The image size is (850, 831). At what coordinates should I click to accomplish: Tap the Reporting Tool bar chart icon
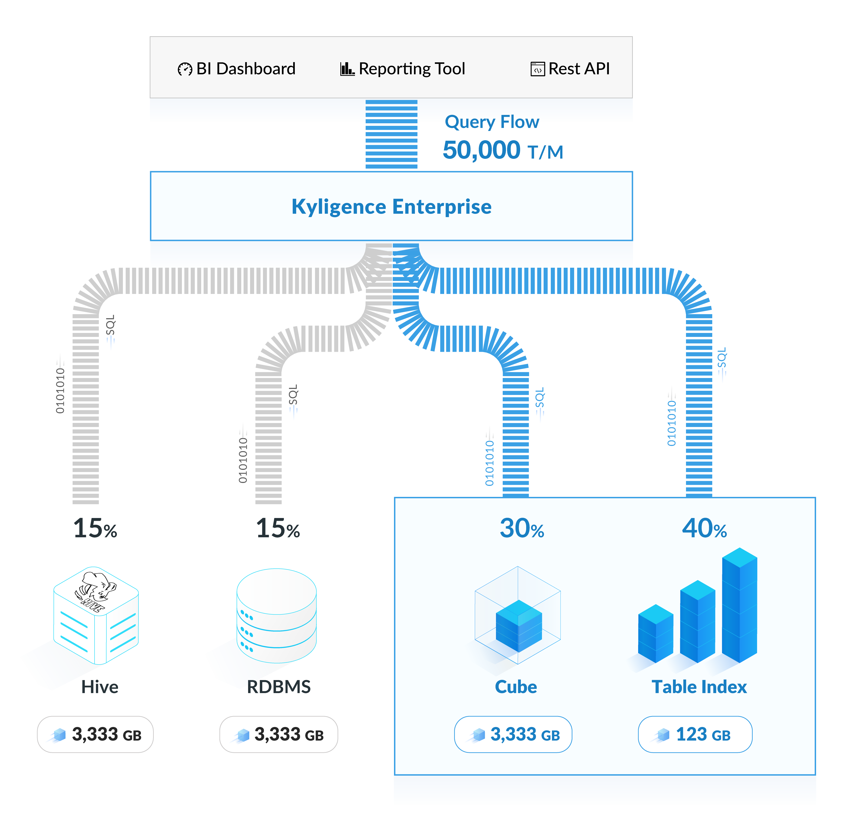pos(347,69)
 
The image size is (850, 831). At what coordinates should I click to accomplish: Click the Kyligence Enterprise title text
pos(391,207)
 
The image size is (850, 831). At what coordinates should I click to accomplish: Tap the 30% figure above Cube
pos(522,528)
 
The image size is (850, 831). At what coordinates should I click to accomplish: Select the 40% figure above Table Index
pos(704,528)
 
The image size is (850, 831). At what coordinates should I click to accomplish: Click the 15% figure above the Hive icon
pos(95,528)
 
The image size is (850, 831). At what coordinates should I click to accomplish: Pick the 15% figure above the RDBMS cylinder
pos(278,528)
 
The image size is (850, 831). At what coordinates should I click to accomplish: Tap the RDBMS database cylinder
pos(276,615)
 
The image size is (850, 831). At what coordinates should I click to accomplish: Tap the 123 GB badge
pos(695,735)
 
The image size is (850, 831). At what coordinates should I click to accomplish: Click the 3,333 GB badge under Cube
pos(513,735)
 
